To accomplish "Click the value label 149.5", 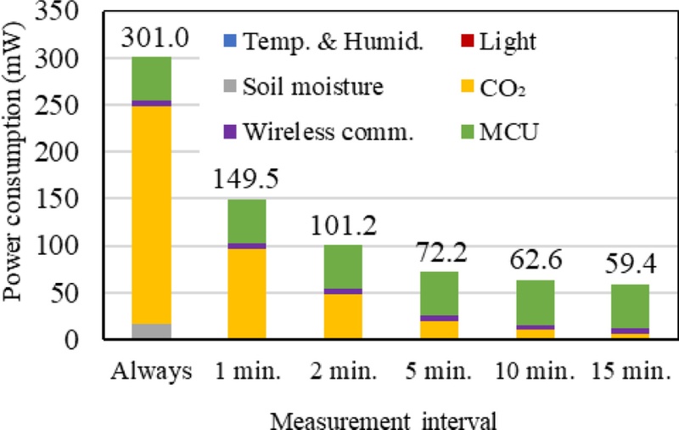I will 245,181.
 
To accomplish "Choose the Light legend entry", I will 502,39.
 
